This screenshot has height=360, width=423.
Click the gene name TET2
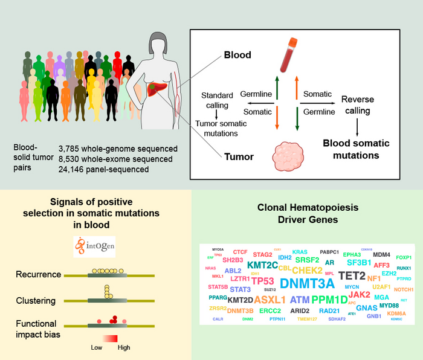click(x=352, y=275)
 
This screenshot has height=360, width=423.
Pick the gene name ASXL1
click(x=270, y=300)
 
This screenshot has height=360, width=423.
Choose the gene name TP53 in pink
click(x=263, y=281)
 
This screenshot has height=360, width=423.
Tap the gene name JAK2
click(x=360, y=294)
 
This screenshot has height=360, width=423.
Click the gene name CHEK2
click(x=307, y=270)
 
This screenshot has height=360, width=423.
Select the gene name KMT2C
click(x=262, y=265)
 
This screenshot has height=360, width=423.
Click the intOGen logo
click(x=100, y=246)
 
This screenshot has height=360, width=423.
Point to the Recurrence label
click(x=39, y=275)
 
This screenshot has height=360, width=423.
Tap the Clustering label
click(x=37, y=300)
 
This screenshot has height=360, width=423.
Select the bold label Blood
click(x=237, y=56)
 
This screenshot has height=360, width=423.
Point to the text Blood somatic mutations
click(x=351, y=149)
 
